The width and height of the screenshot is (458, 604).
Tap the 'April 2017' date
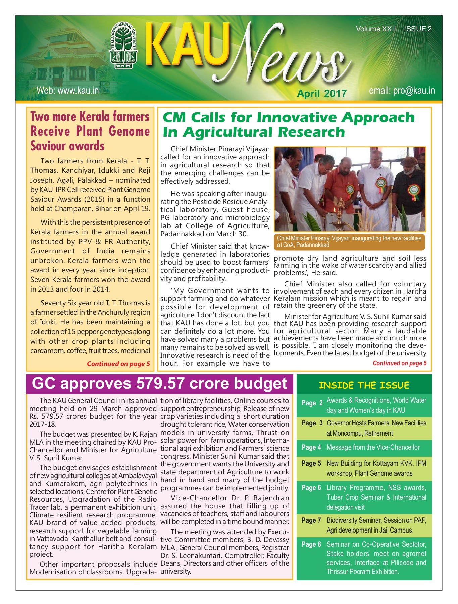click(321, 93)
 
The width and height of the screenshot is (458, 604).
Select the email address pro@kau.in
click(402, 91)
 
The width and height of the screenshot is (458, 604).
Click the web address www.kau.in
click(67, 90)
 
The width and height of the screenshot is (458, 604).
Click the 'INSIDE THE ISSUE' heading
click(364, 385)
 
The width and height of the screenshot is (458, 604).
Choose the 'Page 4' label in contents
click(311, 447)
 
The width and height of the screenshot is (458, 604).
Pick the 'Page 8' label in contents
click(311, 544)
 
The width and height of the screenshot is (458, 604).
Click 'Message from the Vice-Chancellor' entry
click(373, 447)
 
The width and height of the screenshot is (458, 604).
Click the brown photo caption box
click(349, 242)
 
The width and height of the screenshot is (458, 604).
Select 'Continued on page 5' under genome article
click(118, 364)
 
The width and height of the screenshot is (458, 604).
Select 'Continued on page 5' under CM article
click(400, 363)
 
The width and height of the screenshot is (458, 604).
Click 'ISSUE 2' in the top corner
click(417, 29)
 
